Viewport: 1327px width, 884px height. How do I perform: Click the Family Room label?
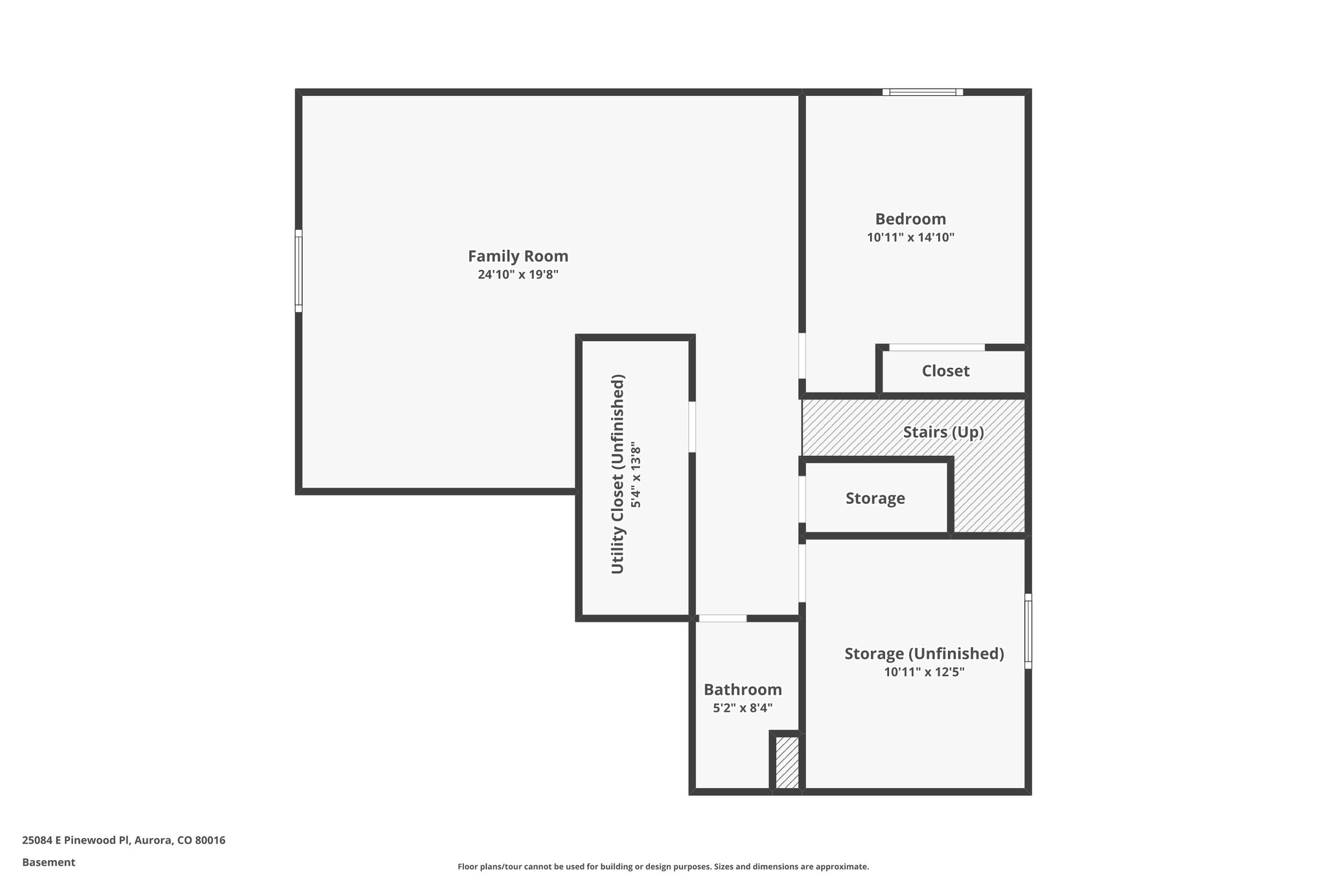pos(518,256)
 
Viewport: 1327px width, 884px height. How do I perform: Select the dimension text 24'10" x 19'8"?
pos(518,275)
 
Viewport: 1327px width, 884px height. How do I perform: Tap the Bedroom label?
pos(910,219)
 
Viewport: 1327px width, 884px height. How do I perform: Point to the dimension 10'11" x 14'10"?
pos(910,238)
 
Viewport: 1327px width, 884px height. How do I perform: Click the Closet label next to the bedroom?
pos(945,371)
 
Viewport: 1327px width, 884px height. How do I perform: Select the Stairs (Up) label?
pos(943,432)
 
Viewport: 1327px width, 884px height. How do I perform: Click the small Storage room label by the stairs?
pos(875,499)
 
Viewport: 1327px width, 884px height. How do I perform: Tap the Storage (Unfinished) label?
pos(924,654)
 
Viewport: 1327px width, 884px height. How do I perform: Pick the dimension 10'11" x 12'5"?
pos(924,672)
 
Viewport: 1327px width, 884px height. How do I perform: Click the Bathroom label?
pos(743,690)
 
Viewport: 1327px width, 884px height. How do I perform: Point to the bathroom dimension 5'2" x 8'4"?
pos(743,708)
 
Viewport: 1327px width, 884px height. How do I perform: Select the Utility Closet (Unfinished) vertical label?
pos(618,474)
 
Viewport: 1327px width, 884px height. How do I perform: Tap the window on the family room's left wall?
pos(299,271)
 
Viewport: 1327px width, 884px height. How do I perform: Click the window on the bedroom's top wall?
pos(923,92)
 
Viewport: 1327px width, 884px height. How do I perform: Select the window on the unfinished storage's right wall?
pos(1028,631)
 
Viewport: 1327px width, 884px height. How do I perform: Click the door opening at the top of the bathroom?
pos(722,618)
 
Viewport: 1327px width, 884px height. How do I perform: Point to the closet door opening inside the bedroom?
pos(937,348)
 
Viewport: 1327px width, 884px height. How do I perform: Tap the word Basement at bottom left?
pos(49,863)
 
